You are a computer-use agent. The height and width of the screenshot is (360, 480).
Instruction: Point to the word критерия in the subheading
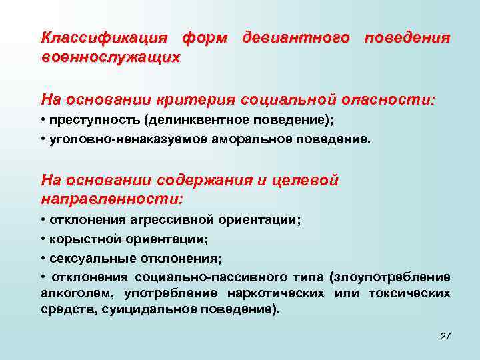pyautogui.click(x=198, y=100)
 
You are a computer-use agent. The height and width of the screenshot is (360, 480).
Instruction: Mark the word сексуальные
pyautogui.click(x=86, y=258)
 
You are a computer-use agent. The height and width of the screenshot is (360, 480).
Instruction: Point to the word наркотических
pyautogui.click(x=276, y=293)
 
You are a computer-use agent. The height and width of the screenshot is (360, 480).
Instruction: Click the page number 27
pyautogui.click(x=446, y=335)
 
